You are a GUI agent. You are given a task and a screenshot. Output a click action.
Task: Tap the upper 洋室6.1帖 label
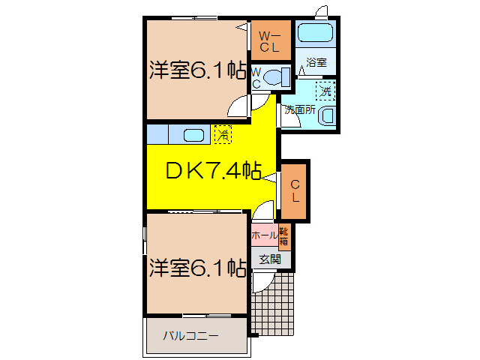tap(196, 71)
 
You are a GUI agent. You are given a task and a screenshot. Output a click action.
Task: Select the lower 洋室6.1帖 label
tap(196, 268)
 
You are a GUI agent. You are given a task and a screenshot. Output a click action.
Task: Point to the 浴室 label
tap(315, 63)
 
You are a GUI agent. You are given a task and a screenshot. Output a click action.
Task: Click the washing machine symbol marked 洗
tap(325, 91)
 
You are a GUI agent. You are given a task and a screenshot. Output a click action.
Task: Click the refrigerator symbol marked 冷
tap(223, 134)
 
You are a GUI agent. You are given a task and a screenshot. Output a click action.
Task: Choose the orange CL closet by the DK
tap(295, 191)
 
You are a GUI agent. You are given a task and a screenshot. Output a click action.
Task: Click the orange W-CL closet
tap(270, 40)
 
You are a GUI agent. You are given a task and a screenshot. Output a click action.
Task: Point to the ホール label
tap(263, 235)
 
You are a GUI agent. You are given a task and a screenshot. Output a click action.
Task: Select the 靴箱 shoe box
tap(284, 235)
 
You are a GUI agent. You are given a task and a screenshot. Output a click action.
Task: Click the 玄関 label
tap(270, 259)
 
